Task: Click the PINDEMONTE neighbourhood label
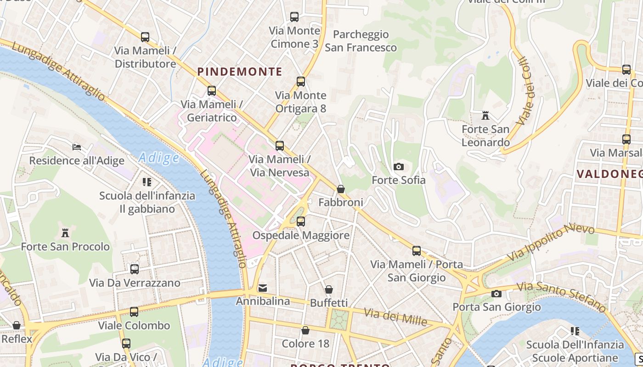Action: [x=240, y=72]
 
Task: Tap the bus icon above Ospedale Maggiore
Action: [x=300, y=222]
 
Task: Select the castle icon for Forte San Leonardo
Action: [x=485, y=115]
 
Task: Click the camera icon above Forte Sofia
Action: [x=399, y=167]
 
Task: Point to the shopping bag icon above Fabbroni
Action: [x=341, y=189]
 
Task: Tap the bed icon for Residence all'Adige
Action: [x=77, y=147]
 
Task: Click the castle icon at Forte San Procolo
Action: [x=65, y=233]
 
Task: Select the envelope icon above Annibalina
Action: [x=263, y=288]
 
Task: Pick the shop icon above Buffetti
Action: [x=329, y=289]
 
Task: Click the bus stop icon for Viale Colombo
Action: [x=134, y=312]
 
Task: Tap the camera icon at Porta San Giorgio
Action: [x=496, y=294]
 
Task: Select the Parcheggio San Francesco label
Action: [x=361, y=41]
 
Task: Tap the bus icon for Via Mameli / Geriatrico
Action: [x=212, y=91]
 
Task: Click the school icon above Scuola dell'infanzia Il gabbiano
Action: [x=147, y=182]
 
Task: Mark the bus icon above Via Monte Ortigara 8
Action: [x=301, y=82]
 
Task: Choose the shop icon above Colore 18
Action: [x=305, y=330]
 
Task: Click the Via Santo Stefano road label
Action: [x=561, y=296]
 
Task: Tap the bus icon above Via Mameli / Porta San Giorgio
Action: [x=417, y=251]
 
